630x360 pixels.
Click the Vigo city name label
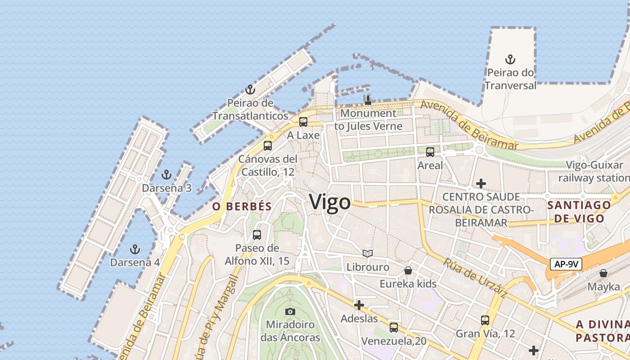click(330, 202)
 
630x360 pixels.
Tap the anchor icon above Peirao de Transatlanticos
click(250, 89)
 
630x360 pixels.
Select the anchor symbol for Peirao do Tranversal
click(510, 59)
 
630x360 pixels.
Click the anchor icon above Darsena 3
click(166, 175)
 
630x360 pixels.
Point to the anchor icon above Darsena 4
click(135, 249)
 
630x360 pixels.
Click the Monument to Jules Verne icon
click(368, 100)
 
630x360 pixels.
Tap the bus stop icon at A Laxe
click(303, 121)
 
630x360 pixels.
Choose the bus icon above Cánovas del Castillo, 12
click(268, 145)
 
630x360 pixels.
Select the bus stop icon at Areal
click(430, 152)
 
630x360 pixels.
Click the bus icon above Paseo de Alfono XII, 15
click(257, 234)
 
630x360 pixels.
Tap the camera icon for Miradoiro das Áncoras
click(290, 311)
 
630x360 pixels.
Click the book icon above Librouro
click(368, 254)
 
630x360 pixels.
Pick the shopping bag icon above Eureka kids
click(408, 270)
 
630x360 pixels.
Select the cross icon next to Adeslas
click(359, 306)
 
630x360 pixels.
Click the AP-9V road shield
click(566, 264)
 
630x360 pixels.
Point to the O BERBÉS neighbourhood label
click(242, 207)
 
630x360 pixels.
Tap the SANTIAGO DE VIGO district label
click(579, 212)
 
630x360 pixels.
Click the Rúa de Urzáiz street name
click(475, 278)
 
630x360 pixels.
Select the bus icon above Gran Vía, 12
click(485, 320)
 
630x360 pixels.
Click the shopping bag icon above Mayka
click(603, 273)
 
